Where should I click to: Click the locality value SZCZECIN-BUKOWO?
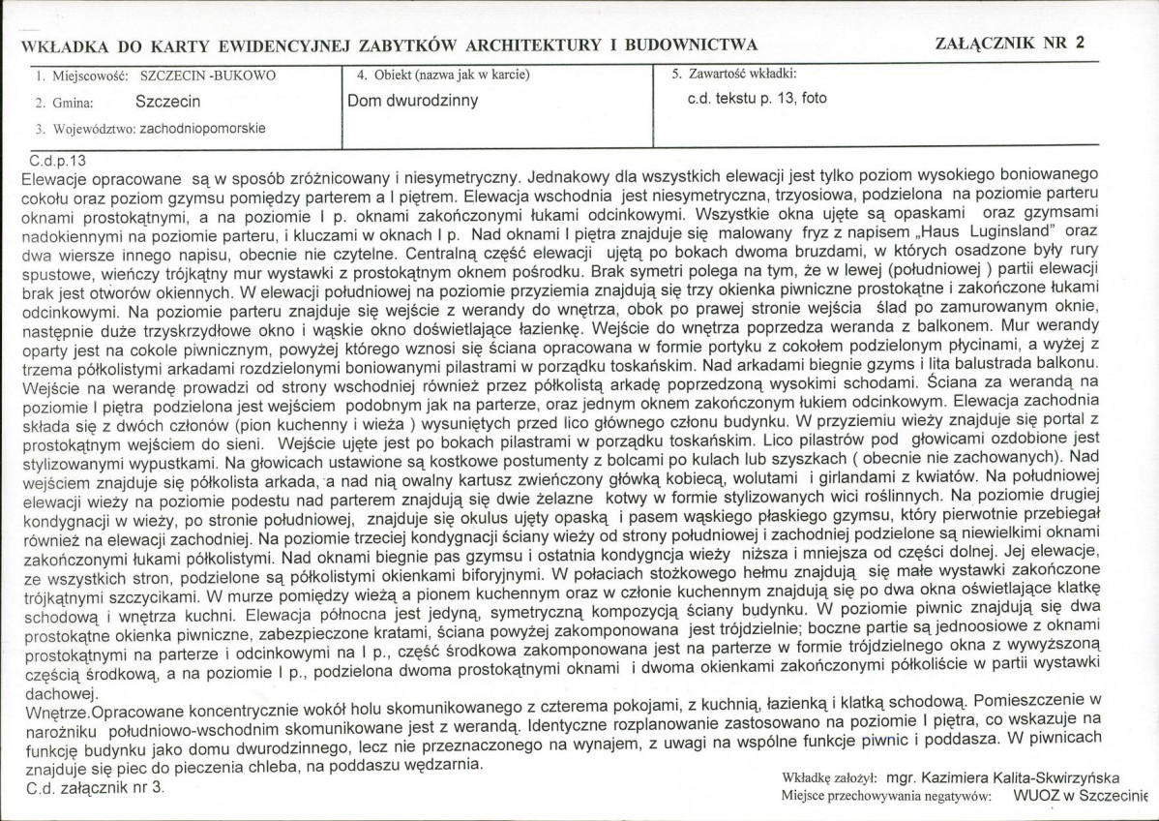coord(208,75)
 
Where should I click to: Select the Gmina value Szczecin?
coord(167,101)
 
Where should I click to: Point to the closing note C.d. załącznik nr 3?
coord(93,788)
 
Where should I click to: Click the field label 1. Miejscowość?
coord(83,75)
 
